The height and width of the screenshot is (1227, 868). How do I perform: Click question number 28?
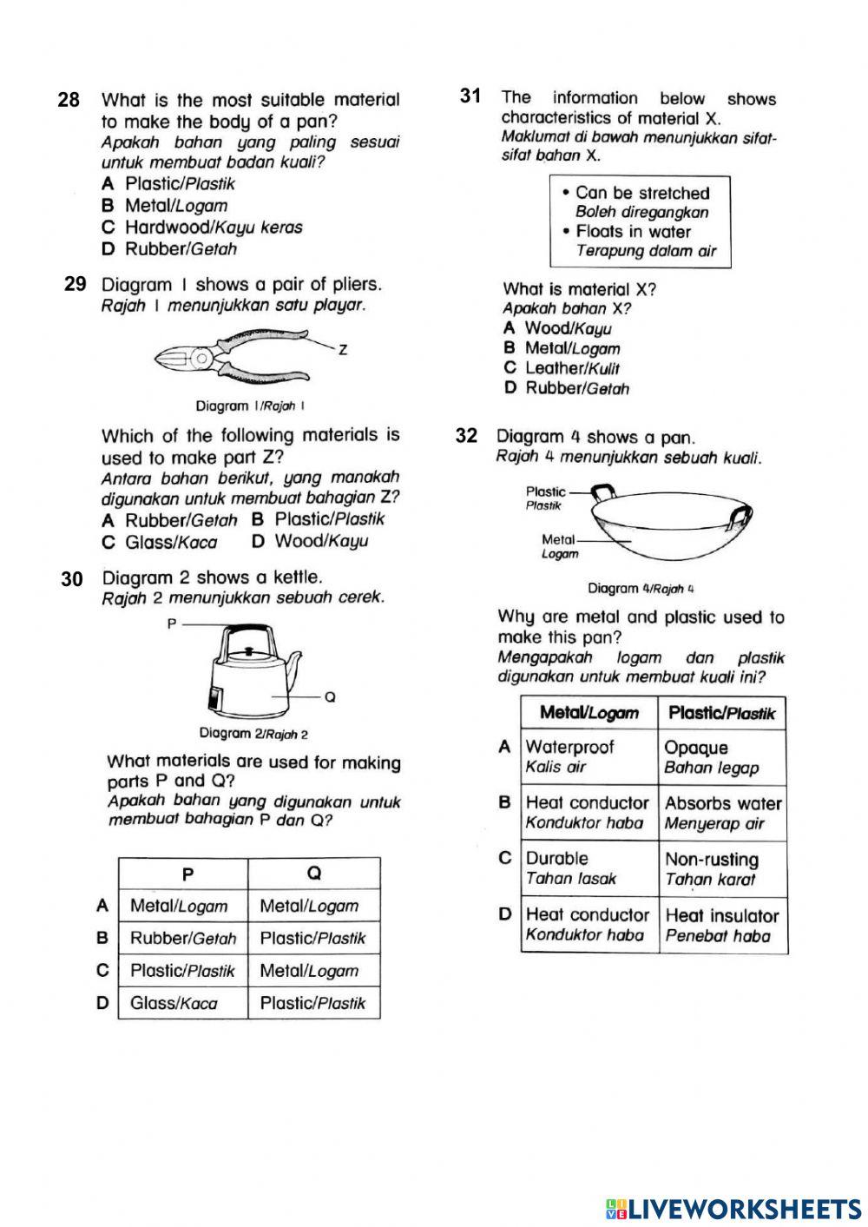pyautogui.click(x=69, y=100)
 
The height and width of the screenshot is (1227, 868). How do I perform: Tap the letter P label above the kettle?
pyautogui.click(x=172, y=623)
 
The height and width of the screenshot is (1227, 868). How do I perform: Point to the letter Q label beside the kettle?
pyautogui.click(x=331, y=696)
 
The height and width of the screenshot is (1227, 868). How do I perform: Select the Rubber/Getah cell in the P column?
pyautogui.click(x=183, y=939)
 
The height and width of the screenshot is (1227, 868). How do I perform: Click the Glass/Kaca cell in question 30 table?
pyautogui.click(x=174, y=1003)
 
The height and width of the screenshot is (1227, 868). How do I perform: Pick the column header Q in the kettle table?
pyautogui.click(x=314, y=874)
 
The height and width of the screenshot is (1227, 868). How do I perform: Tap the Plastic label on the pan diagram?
pyautogui.click(x=545, y=492)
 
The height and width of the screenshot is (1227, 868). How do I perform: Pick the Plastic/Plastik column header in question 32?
pyautogui.click(x=722, y=714)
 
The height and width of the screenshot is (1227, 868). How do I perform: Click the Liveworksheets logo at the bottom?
pyautogui.click(x=733, y=1209)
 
